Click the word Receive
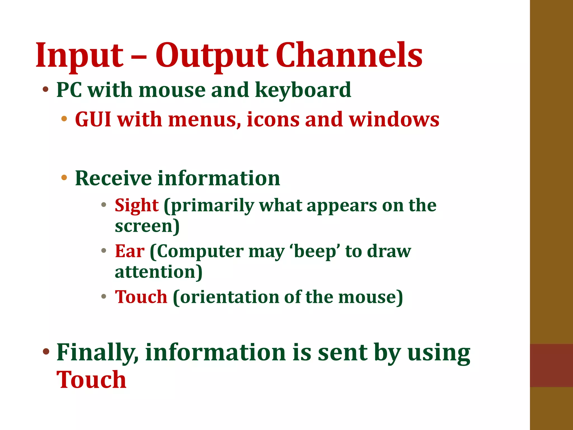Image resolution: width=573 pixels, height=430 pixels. (x=113, y=178)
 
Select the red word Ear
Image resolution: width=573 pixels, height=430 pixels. (x=130, y=251)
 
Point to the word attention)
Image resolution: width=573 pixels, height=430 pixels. (x=158, y=272)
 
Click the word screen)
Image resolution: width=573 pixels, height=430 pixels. (x=147, y=226)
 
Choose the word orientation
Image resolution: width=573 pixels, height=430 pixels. (x=229, y=297)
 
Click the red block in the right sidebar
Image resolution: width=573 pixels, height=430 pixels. (x=551, y=365)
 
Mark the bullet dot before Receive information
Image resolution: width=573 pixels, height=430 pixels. (x=64, y=177)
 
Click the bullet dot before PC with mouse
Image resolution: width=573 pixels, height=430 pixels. (x=46, y=90)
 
